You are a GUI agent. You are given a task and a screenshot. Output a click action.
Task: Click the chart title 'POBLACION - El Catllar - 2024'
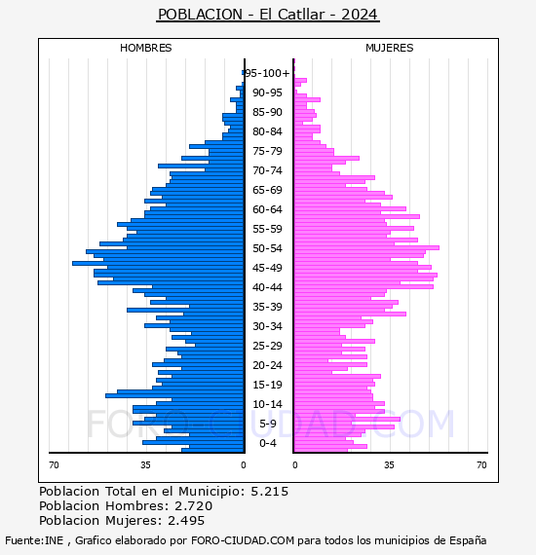click(268, 15)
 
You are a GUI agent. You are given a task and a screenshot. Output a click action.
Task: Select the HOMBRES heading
click(145, 48)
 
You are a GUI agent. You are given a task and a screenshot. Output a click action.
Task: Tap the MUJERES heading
click(390, 48)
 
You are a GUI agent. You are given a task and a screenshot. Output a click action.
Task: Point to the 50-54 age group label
click(267, 248)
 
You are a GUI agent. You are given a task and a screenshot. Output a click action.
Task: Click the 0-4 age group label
click(267, 443)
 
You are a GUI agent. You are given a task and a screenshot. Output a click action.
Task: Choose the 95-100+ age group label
click(267, 73)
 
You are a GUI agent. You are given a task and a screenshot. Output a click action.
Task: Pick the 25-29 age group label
click(267, 346)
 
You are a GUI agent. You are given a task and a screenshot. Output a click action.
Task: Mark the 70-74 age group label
click(267, 170)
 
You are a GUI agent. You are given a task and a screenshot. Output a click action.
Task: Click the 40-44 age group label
click(267, 287)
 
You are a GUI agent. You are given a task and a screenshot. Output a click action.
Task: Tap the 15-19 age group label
click(267, 385)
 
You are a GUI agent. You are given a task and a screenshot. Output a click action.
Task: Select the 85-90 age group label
click(267, 112)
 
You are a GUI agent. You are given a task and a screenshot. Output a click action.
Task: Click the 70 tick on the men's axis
click(54, 464)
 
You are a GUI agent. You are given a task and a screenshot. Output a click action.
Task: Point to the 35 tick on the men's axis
click(145, 464)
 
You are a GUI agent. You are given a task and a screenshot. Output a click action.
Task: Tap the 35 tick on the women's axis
click(390, 464)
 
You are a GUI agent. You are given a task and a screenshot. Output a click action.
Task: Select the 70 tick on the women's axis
click(481, 464)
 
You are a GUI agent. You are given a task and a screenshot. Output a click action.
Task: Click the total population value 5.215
click(270, 492)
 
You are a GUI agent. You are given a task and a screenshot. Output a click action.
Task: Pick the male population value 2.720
click(193, 506)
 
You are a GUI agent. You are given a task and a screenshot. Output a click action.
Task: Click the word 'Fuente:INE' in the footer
click(34, 540)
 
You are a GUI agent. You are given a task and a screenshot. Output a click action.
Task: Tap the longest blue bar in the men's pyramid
click(158, 263)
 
